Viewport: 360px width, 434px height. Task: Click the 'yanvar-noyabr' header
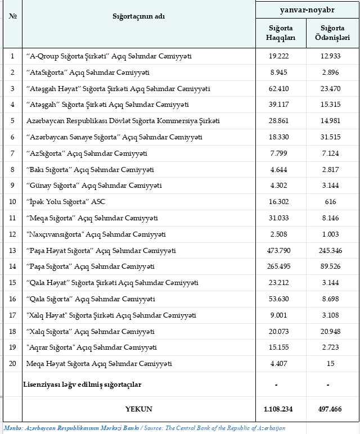click(x=307, y=10)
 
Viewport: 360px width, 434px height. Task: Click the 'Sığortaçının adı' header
click(x=138, y=16)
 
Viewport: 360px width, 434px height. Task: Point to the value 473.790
click(x=280, y=250)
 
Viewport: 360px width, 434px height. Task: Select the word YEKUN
click(x=138, y=409)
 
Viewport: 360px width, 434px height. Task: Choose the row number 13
click(x=12, y=250)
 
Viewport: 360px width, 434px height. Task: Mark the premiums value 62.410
click(x=280, y=89)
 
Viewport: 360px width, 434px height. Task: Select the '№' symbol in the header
click(x=12, y=16)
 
